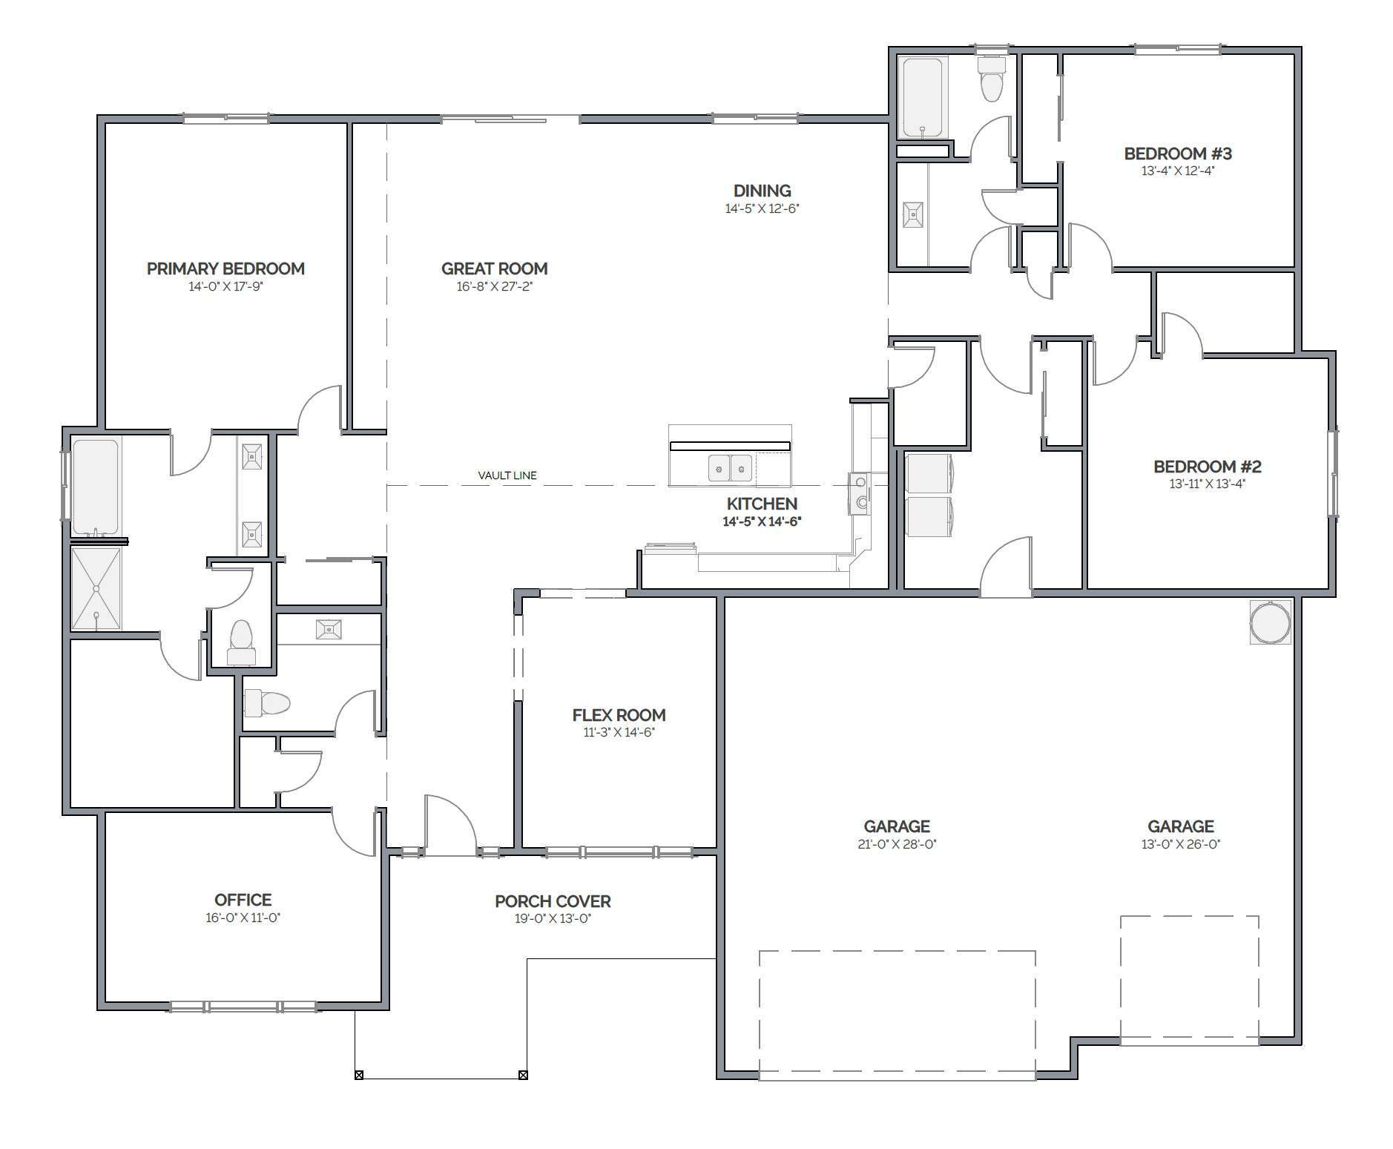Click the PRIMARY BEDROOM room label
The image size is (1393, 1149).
(x=225, y=269)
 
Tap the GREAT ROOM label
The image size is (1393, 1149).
(x=494, y=269)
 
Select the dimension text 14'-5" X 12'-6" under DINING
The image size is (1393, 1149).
(x=762, y=209)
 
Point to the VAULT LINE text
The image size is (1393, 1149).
(x=507, y=475)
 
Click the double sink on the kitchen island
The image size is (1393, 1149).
(x=731, y=468)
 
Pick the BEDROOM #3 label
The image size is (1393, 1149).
(x=1178, y=154)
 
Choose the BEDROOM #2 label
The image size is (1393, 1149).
(x=1208, y=467)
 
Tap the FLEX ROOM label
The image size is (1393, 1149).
(x=619, y=715)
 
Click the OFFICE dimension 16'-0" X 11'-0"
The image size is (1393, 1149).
(x=243, y=918)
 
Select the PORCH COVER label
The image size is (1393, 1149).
(x=553, y=901)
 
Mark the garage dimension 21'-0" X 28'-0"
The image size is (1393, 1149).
(x=897, y=844)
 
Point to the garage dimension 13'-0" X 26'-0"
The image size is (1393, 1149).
(x=1181, y=844)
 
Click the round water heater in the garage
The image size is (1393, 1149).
(x=1271, y=622)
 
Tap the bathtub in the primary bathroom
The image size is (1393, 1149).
(x=96, y=487)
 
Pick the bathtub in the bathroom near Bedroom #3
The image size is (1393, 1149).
(x=923, y=97)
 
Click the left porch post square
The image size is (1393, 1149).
(x=359, y=1075)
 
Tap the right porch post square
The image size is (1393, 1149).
(x=522, y=1075)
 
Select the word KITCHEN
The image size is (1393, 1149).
(x=762, y=504)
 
